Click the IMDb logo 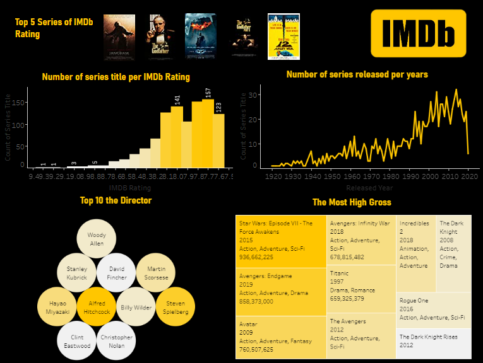pos(417,33)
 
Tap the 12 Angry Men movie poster pos(283,37)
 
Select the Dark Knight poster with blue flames pos(200,37)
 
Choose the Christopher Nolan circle pos(116,341)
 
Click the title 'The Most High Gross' pos(351,202)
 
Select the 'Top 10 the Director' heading pos(116,200)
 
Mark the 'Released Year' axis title pos(369,188)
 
